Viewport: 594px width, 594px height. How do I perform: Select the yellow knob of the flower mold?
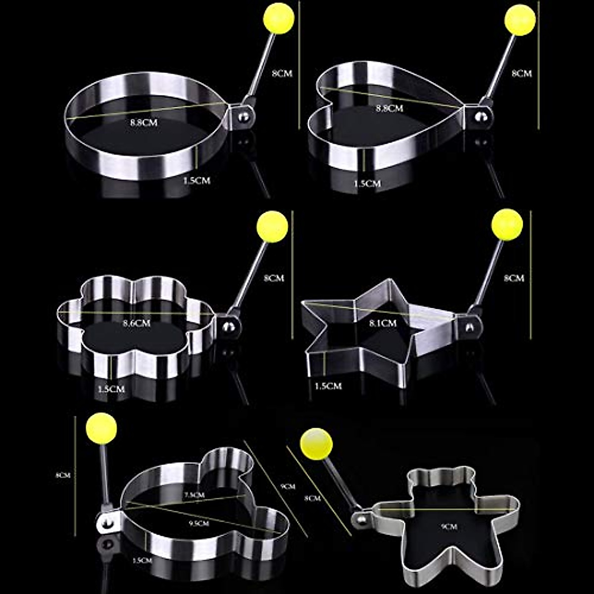272,227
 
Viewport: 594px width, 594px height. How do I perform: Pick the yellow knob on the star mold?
507,224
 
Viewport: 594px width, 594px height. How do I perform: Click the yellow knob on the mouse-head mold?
101,428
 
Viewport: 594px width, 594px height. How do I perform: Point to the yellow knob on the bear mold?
316,443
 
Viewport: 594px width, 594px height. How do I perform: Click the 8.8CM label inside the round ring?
144,122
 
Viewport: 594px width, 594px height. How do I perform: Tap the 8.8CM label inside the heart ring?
390,108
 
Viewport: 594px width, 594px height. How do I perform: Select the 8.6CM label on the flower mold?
137,323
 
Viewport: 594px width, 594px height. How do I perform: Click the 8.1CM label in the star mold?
383,323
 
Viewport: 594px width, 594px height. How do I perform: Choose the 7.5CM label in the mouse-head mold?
194,495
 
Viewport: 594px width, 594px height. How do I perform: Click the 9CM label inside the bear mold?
449,527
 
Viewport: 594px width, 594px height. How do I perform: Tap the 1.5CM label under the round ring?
197,181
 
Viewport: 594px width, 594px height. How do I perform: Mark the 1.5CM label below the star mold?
328,386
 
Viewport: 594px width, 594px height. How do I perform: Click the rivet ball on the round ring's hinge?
243,118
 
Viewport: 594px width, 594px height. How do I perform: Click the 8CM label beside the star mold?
514,279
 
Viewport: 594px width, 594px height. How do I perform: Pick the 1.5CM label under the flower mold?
111,389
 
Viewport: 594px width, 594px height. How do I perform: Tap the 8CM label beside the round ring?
282,73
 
